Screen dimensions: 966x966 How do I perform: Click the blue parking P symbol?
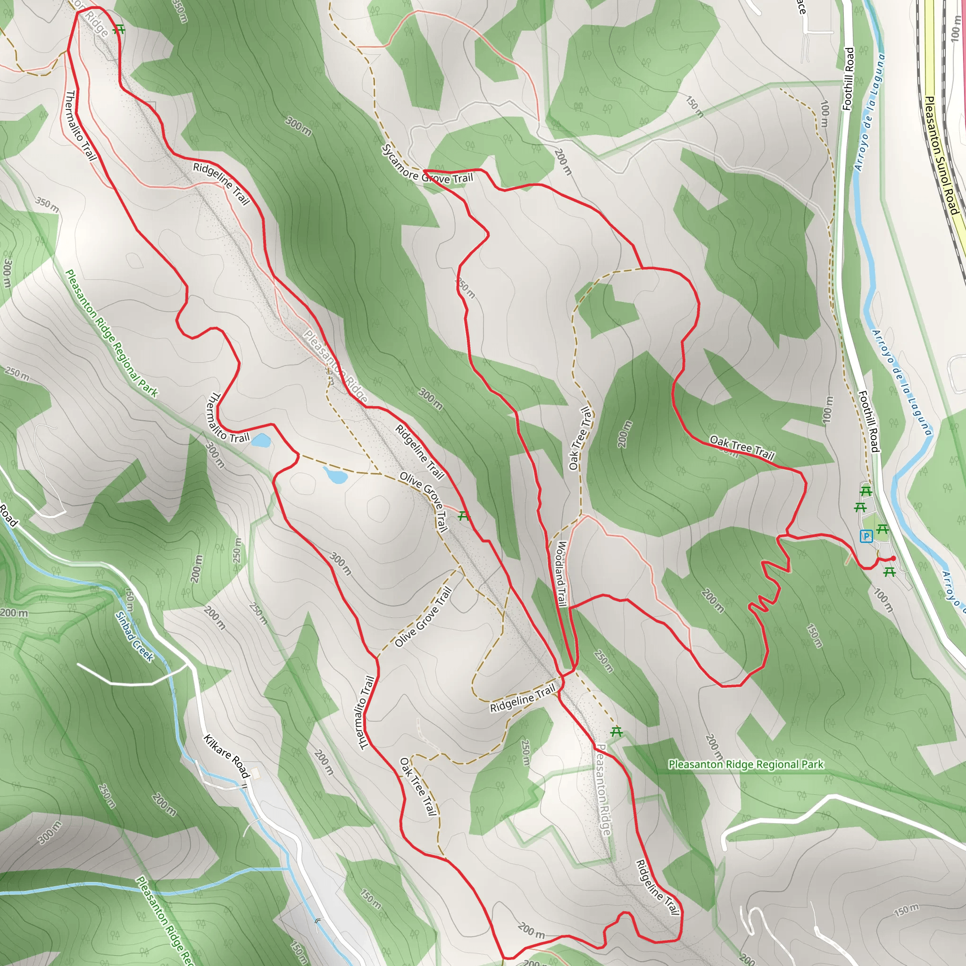866,536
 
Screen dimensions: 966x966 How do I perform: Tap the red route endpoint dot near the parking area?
893,558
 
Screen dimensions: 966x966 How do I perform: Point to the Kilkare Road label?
226,756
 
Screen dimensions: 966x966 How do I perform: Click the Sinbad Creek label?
134,636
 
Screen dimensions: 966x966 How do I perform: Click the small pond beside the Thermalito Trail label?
261,441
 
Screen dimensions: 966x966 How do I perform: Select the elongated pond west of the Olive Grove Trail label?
335,475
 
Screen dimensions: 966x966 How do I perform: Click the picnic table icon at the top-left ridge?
118,30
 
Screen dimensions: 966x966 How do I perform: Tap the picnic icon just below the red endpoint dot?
889,572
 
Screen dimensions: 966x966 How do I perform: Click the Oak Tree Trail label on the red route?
741,448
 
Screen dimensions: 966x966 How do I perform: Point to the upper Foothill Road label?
848,78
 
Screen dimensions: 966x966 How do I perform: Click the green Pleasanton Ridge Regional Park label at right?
746,765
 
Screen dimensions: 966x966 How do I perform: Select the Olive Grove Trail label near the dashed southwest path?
423,617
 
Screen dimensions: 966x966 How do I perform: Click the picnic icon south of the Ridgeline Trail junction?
616,732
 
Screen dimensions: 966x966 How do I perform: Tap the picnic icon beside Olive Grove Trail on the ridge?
464,516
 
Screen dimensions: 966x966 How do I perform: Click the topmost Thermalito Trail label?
81,125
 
